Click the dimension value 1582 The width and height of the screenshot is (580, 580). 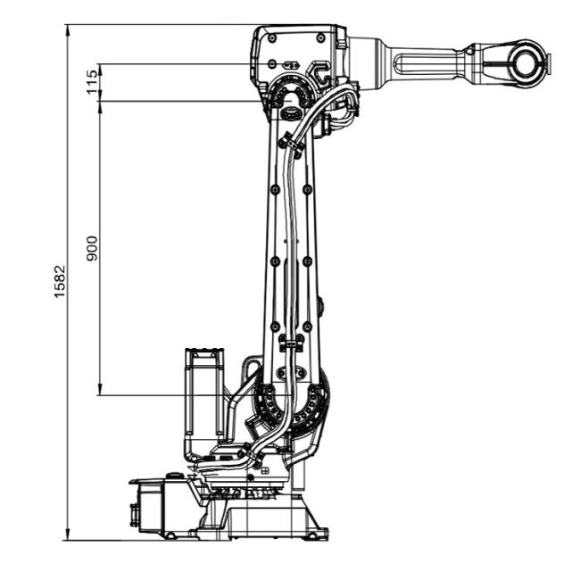pos(60,281)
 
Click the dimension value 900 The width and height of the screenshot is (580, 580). pos(92,249)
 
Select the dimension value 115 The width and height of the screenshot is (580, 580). pos(93,82)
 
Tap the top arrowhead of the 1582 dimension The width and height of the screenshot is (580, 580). pos(67,30)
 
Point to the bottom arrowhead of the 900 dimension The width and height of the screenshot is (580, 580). pos(100,390)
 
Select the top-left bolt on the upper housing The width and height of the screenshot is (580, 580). pos(272,37)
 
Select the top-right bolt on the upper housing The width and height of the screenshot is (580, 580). pos(321,37)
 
